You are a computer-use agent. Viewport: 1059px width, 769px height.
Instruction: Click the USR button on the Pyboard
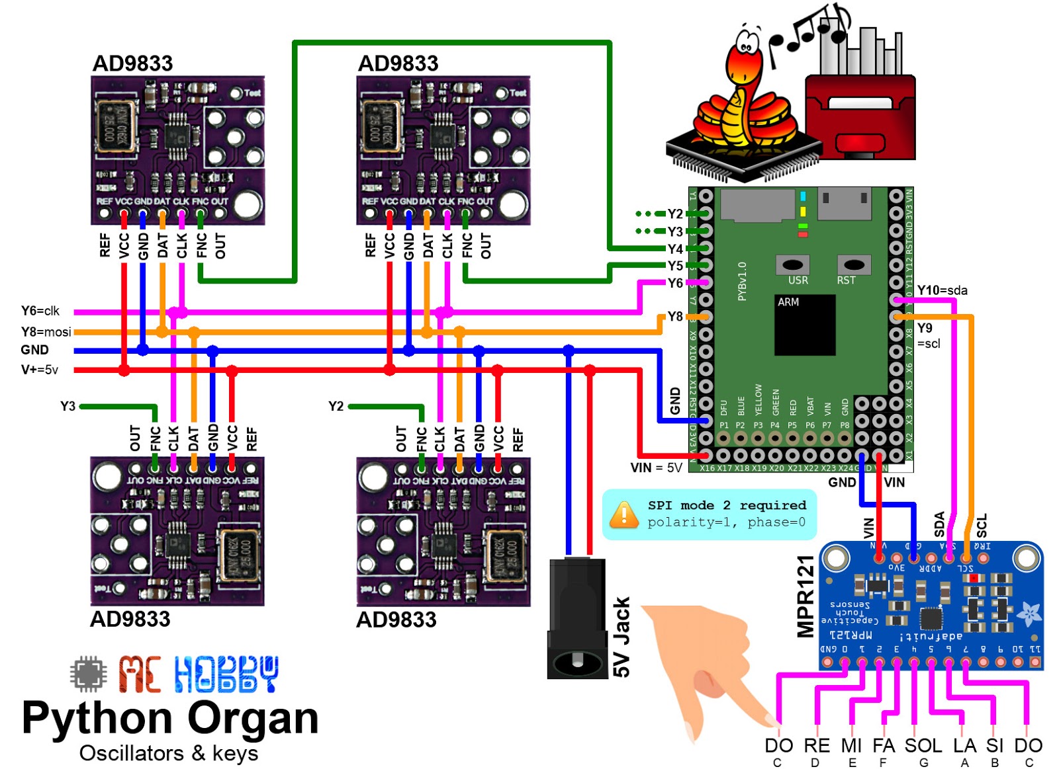coord(792,265)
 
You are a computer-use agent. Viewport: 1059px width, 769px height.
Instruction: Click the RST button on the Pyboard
coord(853,265)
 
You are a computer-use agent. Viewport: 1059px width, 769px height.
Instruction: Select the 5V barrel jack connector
coord(577,618)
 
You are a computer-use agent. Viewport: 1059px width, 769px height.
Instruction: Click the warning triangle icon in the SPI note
coord(623,514)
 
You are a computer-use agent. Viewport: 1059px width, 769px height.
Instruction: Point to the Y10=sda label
coord(942,290)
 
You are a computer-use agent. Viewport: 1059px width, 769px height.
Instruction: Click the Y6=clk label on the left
coord(40,311)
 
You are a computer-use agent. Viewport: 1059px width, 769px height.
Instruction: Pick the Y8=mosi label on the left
coord(46,332)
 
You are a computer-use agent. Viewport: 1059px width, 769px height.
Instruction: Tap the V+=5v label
coord(40,370)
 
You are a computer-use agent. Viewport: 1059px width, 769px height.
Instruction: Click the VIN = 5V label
coord(656,468)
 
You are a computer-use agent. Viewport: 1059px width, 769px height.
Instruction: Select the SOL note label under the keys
coord(923,746)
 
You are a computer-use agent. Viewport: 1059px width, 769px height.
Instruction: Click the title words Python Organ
coord(170,718)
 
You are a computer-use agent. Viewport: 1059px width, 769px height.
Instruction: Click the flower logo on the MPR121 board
coord(1028,614)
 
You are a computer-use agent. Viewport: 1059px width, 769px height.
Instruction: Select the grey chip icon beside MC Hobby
coord(88,674)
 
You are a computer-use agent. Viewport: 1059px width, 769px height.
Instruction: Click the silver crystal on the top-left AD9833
coord(116,129)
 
